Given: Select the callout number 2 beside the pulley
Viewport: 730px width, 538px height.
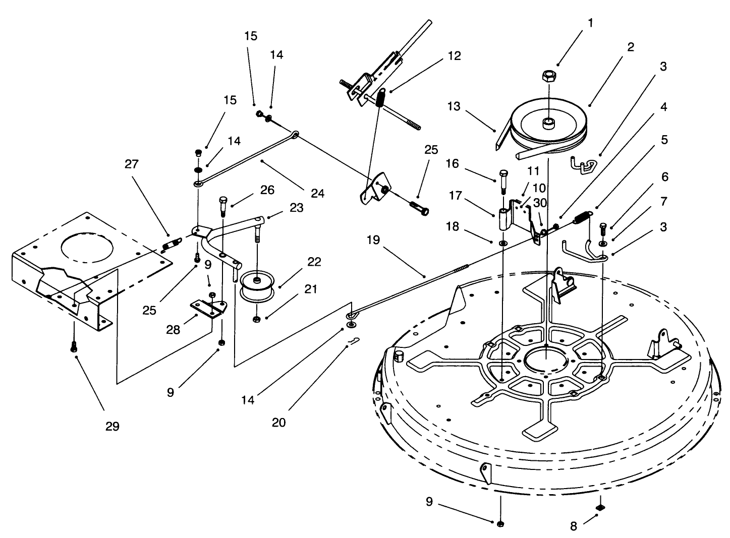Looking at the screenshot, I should (x=630, y=47).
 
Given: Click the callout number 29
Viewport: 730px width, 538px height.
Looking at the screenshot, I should (x=112, y=426).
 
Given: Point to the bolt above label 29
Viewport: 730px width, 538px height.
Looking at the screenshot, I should (x=74, y=347).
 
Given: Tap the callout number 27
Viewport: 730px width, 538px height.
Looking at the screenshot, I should (x=132, y=164).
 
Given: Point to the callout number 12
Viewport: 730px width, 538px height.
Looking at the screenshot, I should (x=454, y=55).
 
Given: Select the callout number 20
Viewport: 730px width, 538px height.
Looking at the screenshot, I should (x=278, y=422).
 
